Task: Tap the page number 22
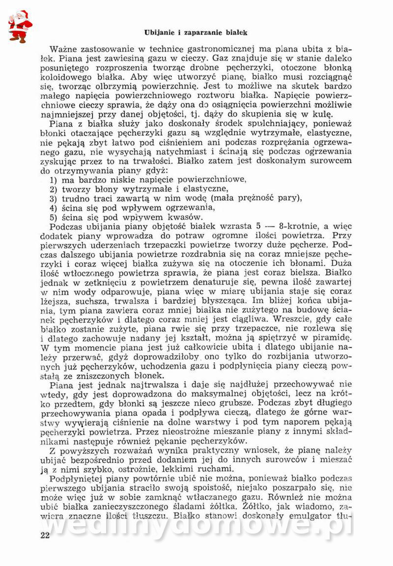pos(45,535)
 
